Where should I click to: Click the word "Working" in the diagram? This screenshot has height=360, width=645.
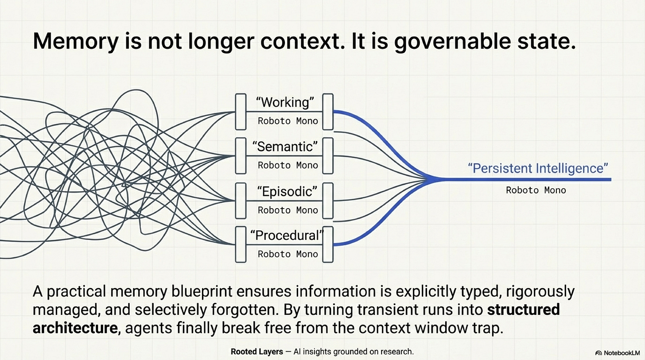pos(285,102)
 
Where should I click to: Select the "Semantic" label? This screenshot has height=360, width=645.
pos(285,147)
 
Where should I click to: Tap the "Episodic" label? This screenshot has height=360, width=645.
pos(285,191)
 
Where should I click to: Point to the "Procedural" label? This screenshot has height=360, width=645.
pos(285,236)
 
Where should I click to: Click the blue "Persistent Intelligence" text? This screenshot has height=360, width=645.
pos(538,168)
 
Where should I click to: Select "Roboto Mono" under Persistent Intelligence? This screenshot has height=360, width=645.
pos(536,190)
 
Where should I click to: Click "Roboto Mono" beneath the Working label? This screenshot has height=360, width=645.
pos(288,121)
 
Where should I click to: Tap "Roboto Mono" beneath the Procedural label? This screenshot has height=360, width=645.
pos(288,254)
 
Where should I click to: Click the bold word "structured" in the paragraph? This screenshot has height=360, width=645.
pos(524,310)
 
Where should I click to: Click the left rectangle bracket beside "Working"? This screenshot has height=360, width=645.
pos(241,112)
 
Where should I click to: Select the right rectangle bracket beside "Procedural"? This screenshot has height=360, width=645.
pos(328,244)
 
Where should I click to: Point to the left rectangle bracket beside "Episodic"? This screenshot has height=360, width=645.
pos(241,201)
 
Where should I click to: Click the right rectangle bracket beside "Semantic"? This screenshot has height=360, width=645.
pos(328,155)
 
